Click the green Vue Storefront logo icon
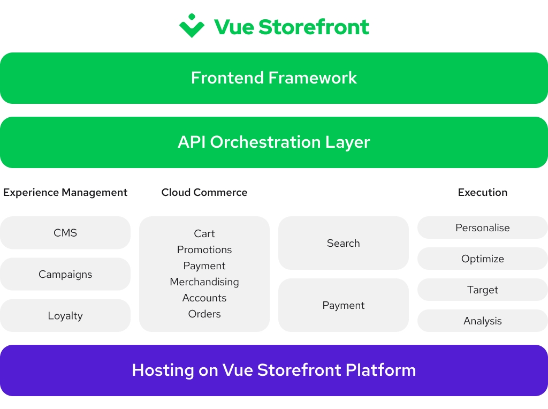pyautogui.click(x=192, y=26)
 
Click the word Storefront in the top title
pyautogui.click(x=314, y=27)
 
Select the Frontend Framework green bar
pyautogui.click(x=274, y=78)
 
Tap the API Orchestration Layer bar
pyautogui.click(x=274, y=142)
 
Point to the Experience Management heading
pyautogui.click(x=65, y=193)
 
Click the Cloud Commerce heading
pyautogui.click(x=204, y=192)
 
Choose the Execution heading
pyautogui.click(x=483, y=192)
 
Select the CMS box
pyautogui.click(x=65, y=233)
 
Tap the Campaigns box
pyautogui.click(x=65, y=274)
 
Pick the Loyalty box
pyautogui.click(x=65, y=315)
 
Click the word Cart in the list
pyautogui.click(x=204, y=233)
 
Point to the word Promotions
pyautogui.click(x=204, y=249)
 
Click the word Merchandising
pyautogui.click(x=204, y=282)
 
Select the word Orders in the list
pyautogui.click(x=204, y=314)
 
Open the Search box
pyautogui.click(x=344, y=243)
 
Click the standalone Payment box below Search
pyautogui.click(x=344, y=305)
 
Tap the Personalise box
pyautogui.click(x=483, y=228)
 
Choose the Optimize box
pyautogui.click(x=483, y=259)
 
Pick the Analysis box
pyautogui.click(x=483, y=321)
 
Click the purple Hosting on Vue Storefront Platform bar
pyautogui.click(x=274, y=370)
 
